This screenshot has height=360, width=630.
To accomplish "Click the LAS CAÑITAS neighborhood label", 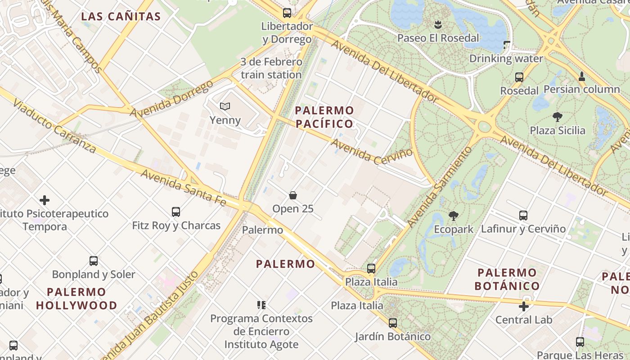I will (121, 17).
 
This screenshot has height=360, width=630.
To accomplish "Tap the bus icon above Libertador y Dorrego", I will (287, 13).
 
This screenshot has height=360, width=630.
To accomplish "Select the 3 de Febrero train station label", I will (271, 68).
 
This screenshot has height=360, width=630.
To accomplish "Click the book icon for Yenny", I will (225, 106).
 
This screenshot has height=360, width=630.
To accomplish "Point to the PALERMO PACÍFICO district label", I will (324, 117).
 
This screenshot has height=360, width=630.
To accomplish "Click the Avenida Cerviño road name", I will (372, 150).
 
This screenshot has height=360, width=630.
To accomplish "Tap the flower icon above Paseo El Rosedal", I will (438, 24).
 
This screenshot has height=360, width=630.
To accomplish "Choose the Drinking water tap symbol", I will (507, 45).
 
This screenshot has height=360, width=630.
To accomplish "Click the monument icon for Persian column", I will (582, 76).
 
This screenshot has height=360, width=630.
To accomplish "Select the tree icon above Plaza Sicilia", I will (557, 117).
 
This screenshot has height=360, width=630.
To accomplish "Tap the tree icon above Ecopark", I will (454, 216).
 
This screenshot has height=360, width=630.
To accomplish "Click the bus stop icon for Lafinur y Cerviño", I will (523, 215).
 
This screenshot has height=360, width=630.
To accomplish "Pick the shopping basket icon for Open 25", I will (293, 195).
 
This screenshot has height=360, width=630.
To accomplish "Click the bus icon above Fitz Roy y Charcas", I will (176, 211).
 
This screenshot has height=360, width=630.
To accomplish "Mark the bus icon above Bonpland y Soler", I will (94, 261).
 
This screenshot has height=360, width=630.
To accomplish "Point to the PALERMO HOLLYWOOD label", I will (76, 298).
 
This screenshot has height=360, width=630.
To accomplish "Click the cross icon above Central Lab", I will (524, 306).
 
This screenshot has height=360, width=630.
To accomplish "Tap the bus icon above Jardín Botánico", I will (393, 323).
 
